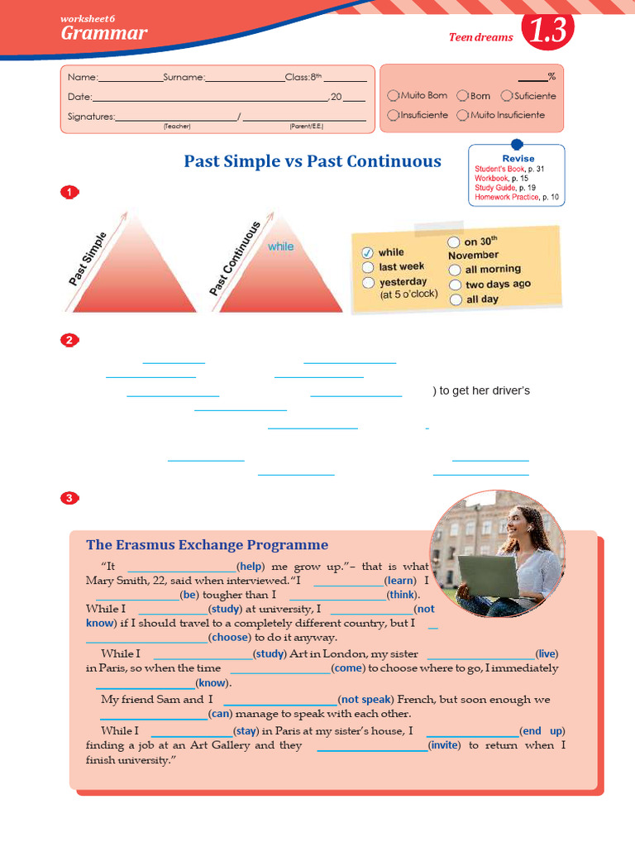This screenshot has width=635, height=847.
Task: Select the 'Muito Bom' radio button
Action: (x=393, y=96)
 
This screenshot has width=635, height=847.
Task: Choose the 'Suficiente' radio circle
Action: (x=506, y=96)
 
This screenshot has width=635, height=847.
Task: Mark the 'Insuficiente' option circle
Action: (x=393, y=115)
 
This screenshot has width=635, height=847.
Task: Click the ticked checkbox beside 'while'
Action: (x=368, y=252)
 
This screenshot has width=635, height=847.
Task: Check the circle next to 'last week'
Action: (x=368, y=267)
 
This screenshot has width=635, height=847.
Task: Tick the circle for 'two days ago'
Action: (x=455, y=285)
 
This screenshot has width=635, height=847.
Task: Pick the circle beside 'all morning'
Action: (x=455, y=270)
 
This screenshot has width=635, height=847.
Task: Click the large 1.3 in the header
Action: (x=547, y=31)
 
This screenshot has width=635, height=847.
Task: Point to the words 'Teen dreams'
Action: (x=480, y=37)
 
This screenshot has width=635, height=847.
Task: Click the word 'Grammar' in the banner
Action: (x=103, y=33)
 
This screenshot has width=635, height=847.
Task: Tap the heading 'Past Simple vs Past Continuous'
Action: (x=313, y=161)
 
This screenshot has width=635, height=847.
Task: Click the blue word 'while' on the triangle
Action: (x=280, y=246)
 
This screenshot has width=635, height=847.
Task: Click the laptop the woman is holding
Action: (x=488, y=576)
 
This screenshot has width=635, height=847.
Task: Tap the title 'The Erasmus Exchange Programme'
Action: (x=207, y=544)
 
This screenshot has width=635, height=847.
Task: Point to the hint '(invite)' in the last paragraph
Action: (x=444, y=745)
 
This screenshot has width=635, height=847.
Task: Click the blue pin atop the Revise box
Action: (x=518, y=144)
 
